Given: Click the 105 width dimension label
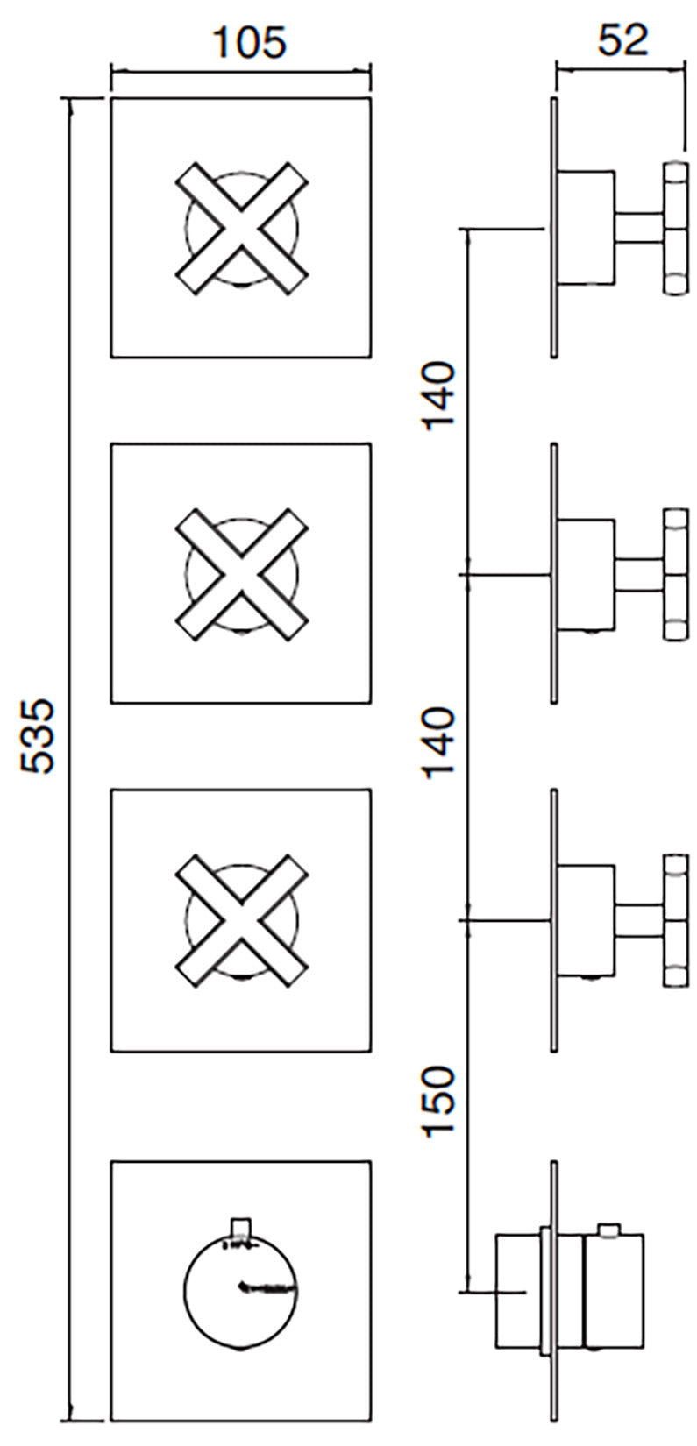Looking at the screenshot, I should click(x=250, y=41).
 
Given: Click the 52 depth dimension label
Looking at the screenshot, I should click(x=622, y=39).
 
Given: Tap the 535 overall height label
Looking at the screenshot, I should click(x=39, y=736).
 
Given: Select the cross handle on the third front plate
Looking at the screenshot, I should click(x=242, y=918).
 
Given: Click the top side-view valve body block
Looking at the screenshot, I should click(x=586, y=228).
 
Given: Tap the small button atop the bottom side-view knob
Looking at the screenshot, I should click(x=609, y=1230).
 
